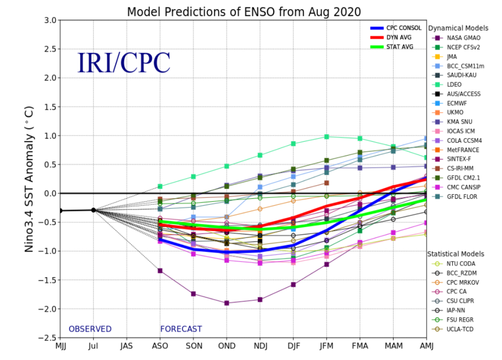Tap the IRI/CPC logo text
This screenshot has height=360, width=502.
click(x=123, y=62)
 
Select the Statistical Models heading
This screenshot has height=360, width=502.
click(x=455, y=254)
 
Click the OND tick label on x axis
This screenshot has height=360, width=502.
click(x=227, y=346)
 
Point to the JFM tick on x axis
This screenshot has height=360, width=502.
click(x=327, y=346)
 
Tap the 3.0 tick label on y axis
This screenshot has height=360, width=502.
click(x=49, y=21)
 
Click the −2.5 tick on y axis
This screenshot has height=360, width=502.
click(x=47, y=338)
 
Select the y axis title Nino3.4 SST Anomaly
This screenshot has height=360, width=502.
click(x=30, y=179)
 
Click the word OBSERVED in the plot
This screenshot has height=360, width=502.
click(x=90, y=329)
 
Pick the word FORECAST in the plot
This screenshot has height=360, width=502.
click(x=181, y=329)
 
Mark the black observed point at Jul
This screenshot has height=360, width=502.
click(x=93, y=210)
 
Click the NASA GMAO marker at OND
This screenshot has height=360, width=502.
click(x=227, y=303)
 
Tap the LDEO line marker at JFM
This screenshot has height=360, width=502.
click(x=327, y=137)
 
